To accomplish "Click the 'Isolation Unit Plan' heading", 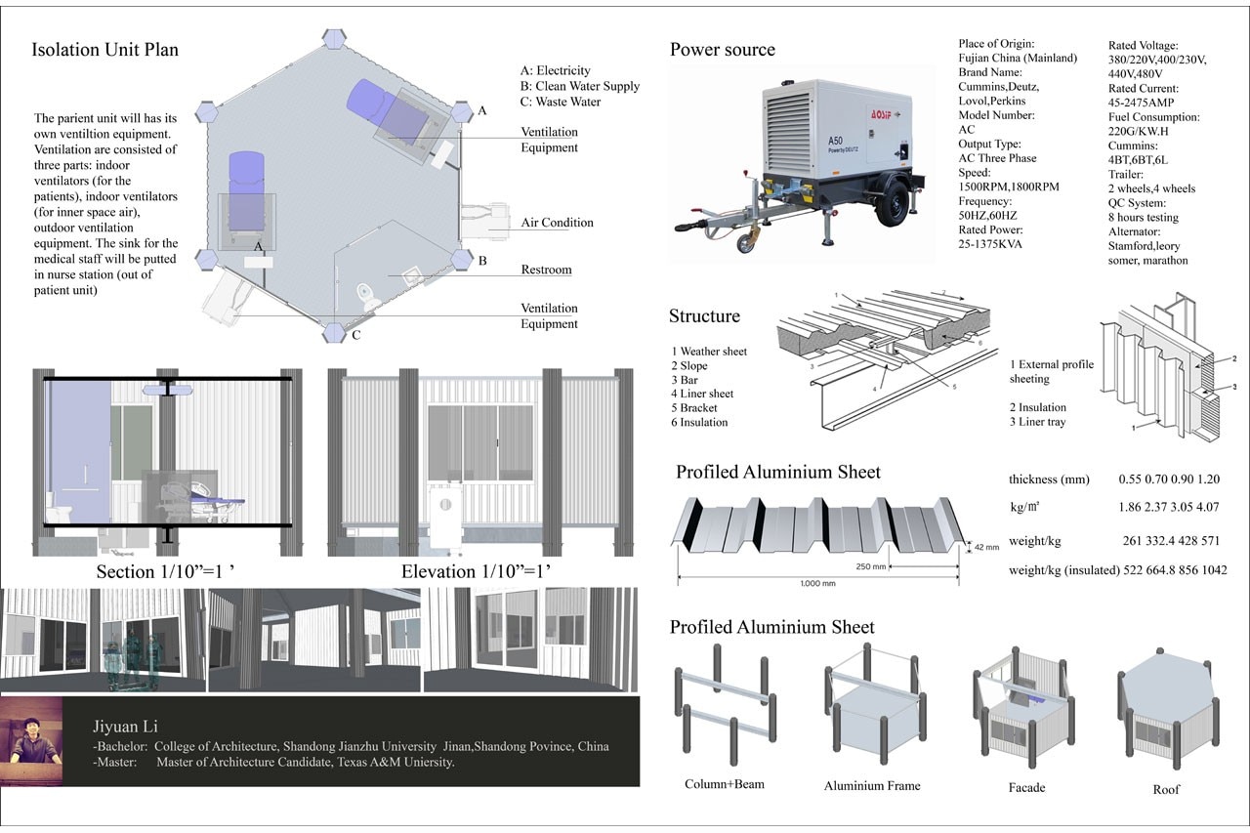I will click(105, 50).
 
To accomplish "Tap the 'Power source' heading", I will click(722, 50).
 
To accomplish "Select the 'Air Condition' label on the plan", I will click(557, 223).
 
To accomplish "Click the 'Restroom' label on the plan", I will click(546, 270).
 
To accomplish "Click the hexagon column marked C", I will click(335, 332).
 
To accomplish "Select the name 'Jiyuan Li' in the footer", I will click(125, 727).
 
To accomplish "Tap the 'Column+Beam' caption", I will click(725, 784).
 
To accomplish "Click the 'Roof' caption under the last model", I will click(1166, 789).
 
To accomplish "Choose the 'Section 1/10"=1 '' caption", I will click(165, 571).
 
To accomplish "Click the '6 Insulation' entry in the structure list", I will click(699, 422).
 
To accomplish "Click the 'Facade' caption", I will click(1026, 787).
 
